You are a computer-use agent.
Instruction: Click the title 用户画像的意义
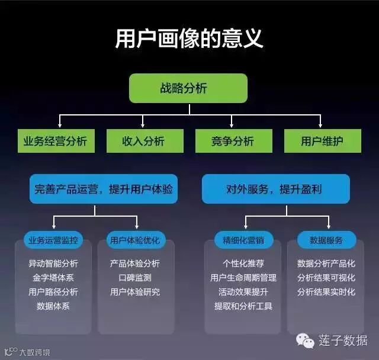pos(189,39)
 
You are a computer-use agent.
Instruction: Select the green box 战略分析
pos(188,89)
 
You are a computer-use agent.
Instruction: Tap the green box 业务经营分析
pos(55,141)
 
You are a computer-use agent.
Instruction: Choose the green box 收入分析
pos(144,141)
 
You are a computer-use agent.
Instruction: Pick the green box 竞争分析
pos(233,141)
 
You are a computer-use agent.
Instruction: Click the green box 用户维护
pos(322,141)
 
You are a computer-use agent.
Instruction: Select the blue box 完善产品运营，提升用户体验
pos(104,189)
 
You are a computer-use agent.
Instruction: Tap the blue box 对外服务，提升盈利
pos(275,189)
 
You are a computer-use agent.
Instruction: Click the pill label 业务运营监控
pos(53,240)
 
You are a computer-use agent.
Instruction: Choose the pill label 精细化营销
pos(243,240)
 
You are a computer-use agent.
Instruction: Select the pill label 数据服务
pos(326,240)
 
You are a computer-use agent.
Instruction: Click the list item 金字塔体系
pos(53,278)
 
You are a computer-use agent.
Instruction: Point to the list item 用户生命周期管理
pos(243,278)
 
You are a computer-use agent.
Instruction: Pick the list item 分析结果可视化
pos(326,278)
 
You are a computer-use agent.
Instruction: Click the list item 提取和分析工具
pos(243,306)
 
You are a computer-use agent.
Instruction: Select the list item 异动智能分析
pos(53,263)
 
